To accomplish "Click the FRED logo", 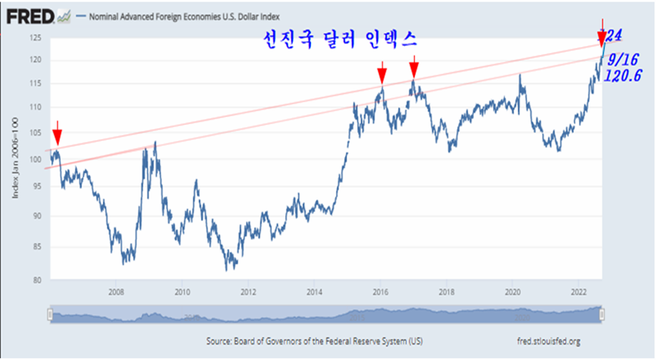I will pyautogui.click(x=30, y=14).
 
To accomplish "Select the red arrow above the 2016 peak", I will pyautogui.click(x=382, y=73).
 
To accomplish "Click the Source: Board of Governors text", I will pyautogui.click(x=313, y=341).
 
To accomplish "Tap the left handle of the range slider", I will pyautogui.click(x=49, y=314).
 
